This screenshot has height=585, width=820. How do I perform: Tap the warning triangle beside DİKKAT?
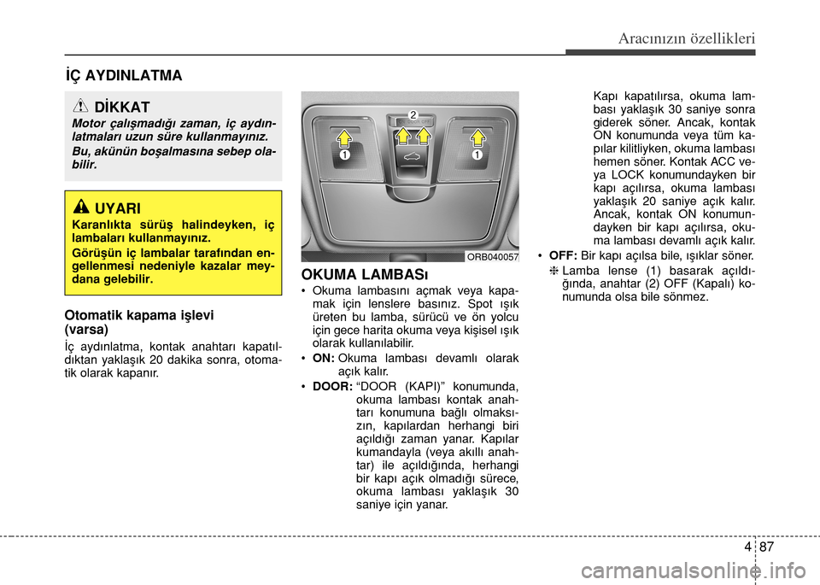coord(83,107)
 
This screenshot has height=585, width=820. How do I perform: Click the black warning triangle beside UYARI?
coord(83,206)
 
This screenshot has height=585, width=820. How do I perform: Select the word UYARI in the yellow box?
coord(118,207)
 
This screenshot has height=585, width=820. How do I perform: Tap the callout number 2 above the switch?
coord(413,114)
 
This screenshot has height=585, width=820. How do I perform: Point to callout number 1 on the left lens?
coord(342,157)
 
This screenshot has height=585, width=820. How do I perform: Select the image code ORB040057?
coord(493,256)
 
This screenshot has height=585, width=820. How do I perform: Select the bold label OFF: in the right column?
coord(563,255)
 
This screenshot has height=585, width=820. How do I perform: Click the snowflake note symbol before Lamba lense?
coord(553,271)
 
